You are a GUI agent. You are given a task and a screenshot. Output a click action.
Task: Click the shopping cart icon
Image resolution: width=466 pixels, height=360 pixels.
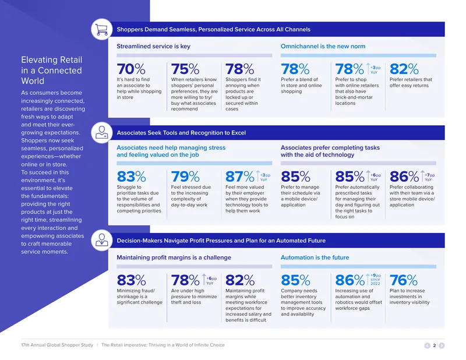point(101,30)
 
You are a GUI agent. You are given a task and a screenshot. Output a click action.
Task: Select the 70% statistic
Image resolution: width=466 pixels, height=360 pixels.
point(131,69)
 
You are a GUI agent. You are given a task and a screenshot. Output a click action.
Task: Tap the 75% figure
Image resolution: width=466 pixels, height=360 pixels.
point(185,69)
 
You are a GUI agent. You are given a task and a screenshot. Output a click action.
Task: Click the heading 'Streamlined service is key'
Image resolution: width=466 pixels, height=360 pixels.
point(153,47)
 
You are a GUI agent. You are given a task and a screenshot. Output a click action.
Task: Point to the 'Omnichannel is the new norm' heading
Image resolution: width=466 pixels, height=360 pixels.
point(323,47)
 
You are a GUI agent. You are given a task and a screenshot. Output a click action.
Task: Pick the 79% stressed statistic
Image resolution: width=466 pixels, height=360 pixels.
point(185,177)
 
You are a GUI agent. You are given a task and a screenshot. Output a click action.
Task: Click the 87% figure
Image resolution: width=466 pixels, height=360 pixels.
point(240,177)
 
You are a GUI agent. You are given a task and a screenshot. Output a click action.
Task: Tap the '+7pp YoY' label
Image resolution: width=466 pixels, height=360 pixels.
point(429,178)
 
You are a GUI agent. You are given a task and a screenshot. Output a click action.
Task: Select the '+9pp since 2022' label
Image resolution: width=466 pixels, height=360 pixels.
point(375,280)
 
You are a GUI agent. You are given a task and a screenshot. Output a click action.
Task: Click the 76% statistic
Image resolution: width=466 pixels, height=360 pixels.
point(404,280)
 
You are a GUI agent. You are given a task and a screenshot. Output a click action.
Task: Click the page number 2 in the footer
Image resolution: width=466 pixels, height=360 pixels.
point(435,345)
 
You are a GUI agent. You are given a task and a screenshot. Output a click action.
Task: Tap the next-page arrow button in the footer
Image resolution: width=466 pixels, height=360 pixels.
point(442,345)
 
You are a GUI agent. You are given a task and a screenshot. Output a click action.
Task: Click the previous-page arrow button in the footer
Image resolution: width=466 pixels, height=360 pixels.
point(428,345)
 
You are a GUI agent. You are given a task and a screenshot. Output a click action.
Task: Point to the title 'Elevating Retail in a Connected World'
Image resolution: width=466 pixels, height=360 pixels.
point(51,70)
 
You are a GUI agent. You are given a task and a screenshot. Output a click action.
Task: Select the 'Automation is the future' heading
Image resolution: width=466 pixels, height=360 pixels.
point(315,257)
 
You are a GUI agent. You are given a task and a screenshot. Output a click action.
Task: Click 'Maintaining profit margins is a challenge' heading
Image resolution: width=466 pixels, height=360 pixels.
point(174,257)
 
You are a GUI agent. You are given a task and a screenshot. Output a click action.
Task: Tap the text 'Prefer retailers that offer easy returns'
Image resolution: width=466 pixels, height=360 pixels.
point(411,82)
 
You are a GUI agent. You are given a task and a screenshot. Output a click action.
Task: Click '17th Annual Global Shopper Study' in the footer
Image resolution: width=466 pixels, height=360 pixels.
point(57,345)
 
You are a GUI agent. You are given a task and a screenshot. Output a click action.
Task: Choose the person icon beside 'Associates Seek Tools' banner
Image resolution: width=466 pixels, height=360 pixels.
point(101,133)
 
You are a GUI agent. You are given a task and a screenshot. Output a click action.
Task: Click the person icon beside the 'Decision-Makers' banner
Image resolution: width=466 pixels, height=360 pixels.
point(101,240)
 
